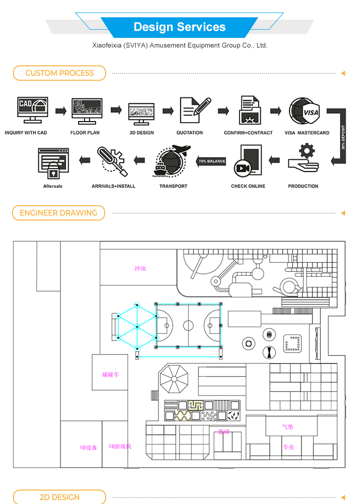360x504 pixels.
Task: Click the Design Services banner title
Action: pos(180,27)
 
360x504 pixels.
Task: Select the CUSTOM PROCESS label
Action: pos(60,73)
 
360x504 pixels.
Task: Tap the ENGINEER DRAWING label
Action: pos(59,213)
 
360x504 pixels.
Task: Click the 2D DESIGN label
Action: pos(60,497)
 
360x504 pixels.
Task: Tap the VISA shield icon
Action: pos(306,111)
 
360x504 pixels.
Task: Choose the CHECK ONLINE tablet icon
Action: pos(247,160)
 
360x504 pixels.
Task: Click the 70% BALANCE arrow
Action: pos(211,161)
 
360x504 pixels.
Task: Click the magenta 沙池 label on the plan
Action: pos(140,268)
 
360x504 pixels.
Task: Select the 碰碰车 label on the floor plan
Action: pos(110,374)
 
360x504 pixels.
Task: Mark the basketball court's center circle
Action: pos(188,325)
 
